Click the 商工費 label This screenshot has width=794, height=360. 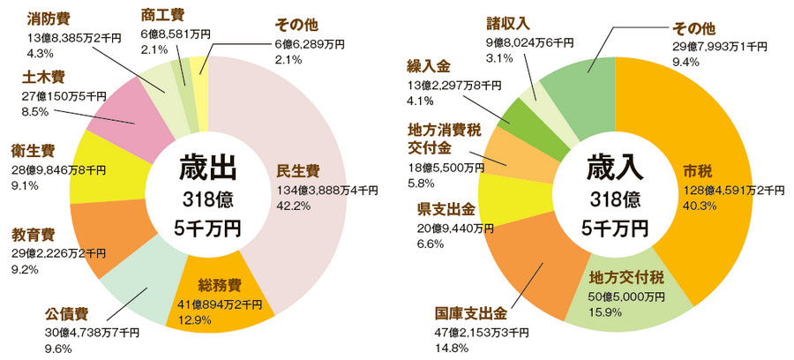pos(162,14)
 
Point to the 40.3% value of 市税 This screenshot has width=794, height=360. pos(700,205)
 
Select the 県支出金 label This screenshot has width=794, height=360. pos(446,209)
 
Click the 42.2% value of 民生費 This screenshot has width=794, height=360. pos(296,205)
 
